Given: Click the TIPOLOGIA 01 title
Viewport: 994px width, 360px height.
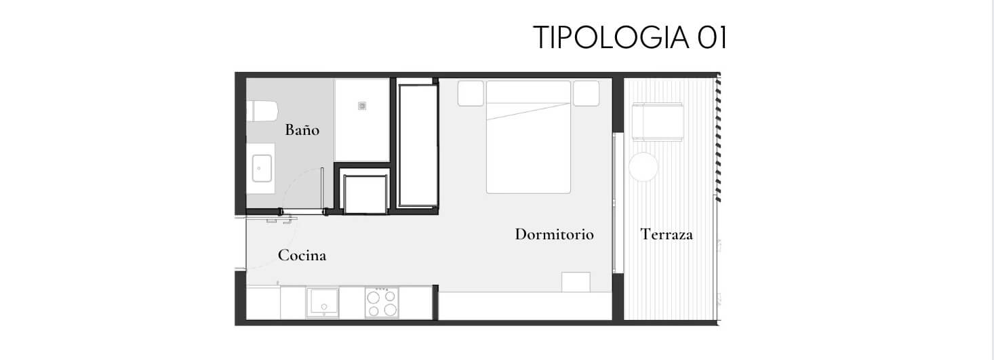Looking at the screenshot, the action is pyautogui.click(x=630, y=37).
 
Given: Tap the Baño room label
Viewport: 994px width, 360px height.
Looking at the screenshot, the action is pyautogui.click(x=302, y=129).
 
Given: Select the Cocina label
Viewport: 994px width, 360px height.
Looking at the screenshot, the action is pyautogui.click(x=302, y=255).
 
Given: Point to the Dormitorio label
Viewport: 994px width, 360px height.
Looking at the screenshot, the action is pyautogui.click(x=554, y=235).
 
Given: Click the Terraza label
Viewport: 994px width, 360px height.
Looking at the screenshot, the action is pyautogui.click(x=667, y=235).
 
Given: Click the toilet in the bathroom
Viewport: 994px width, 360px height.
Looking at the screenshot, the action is pyautogui.click(x=262, y=111).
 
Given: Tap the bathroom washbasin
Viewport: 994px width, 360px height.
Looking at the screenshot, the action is pyautogui.click(x=262, y=168).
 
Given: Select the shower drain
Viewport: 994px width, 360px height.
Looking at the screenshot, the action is pyautogui.click(x=362, y=106).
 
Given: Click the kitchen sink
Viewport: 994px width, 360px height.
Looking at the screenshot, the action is pyautogui.click(x=323, y=303).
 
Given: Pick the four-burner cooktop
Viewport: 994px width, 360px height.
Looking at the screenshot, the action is pyautogui.click(x=382, y=303).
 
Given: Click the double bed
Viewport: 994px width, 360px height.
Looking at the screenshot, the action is pyautogui.click(x=528, y=137).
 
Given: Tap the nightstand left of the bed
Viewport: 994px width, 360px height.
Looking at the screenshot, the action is pyautogui.click(x=471, y=93).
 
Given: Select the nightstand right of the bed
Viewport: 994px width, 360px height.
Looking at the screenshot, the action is pyautogui.click(x=587, y=93).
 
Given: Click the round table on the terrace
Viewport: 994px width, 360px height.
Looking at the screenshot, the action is pyautogui.click(x=643, y=167).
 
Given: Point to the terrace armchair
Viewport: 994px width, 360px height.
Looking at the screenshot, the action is pyautogui.click(x=657, y=122).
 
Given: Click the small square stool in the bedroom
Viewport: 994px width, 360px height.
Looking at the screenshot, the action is pyautogui.click(x=576, y=282).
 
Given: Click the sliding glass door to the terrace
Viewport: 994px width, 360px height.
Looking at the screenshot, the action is pyautogui.click(x=614, y=203).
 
